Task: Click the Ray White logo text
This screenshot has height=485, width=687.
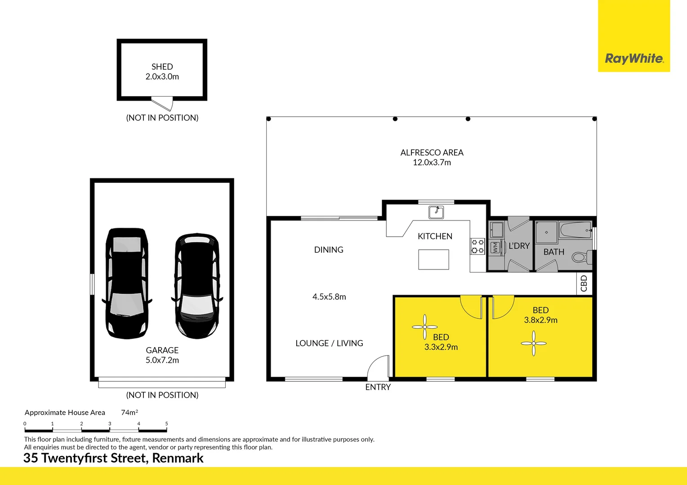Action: pyautogui.click(x=634, y=58)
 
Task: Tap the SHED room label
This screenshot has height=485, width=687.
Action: pyautogui.click(x=162, y=66)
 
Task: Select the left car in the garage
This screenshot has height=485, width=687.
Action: pyautogui.click(x=127, y=283)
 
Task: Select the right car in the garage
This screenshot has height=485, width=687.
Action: pyautogui.click(x=197, y=286)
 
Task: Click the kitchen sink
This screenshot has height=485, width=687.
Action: pyautogui.click(x=436, y=212)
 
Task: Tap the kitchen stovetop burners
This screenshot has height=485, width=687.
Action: pyautogui.click(x=477, y=247)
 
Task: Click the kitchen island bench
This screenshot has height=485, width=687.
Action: pyautogui.click(x=434, y=260)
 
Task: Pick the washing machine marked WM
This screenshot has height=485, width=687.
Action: pyautogui.click(x=495, y=248)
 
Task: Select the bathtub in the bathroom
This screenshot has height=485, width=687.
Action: pyautogui.click(x=575, y=230)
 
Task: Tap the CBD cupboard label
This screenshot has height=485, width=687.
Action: pyautogui.click(x=584, y=283)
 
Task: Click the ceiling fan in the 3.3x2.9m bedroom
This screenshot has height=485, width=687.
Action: pyautogui.click(x=425, y=327)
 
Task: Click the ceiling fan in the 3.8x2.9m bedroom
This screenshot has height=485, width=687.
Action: pyautogui.click(x=534, y=343)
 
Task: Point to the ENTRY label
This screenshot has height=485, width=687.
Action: pyautogui.click(x=378, y=387)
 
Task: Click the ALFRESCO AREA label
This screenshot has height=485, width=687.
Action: pyautogui.click(x=432, y=152)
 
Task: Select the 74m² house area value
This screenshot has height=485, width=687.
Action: pyautogui.click(x=129, y=412)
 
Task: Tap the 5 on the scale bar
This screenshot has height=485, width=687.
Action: pyautogui.click(x=166, y=424)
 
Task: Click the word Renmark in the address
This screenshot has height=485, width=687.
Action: pyautogui.click(x=178, y=458)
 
